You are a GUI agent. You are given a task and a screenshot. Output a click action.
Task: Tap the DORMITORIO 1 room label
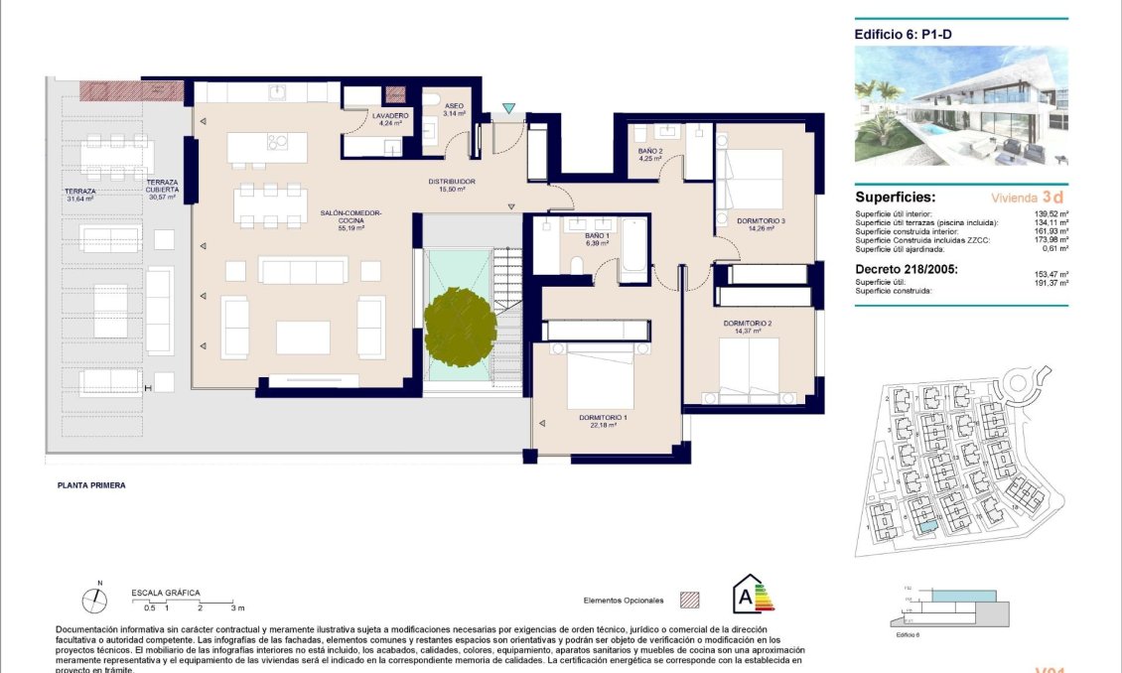[605, 421]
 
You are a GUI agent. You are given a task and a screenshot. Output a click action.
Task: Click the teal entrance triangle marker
[509, 108]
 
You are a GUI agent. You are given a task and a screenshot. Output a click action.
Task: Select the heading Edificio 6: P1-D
[896, 34]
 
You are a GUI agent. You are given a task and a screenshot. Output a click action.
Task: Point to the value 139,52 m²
[1050, 213]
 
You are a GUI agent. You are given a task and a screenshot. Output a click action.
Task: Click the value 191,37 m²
[1050, 283]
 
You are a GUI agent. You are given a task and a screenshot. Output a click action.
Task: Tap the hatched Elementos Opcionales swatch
[689, 601]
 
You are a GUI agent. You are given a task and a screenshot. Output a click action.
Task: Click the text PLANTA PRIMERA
[90, 486]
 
